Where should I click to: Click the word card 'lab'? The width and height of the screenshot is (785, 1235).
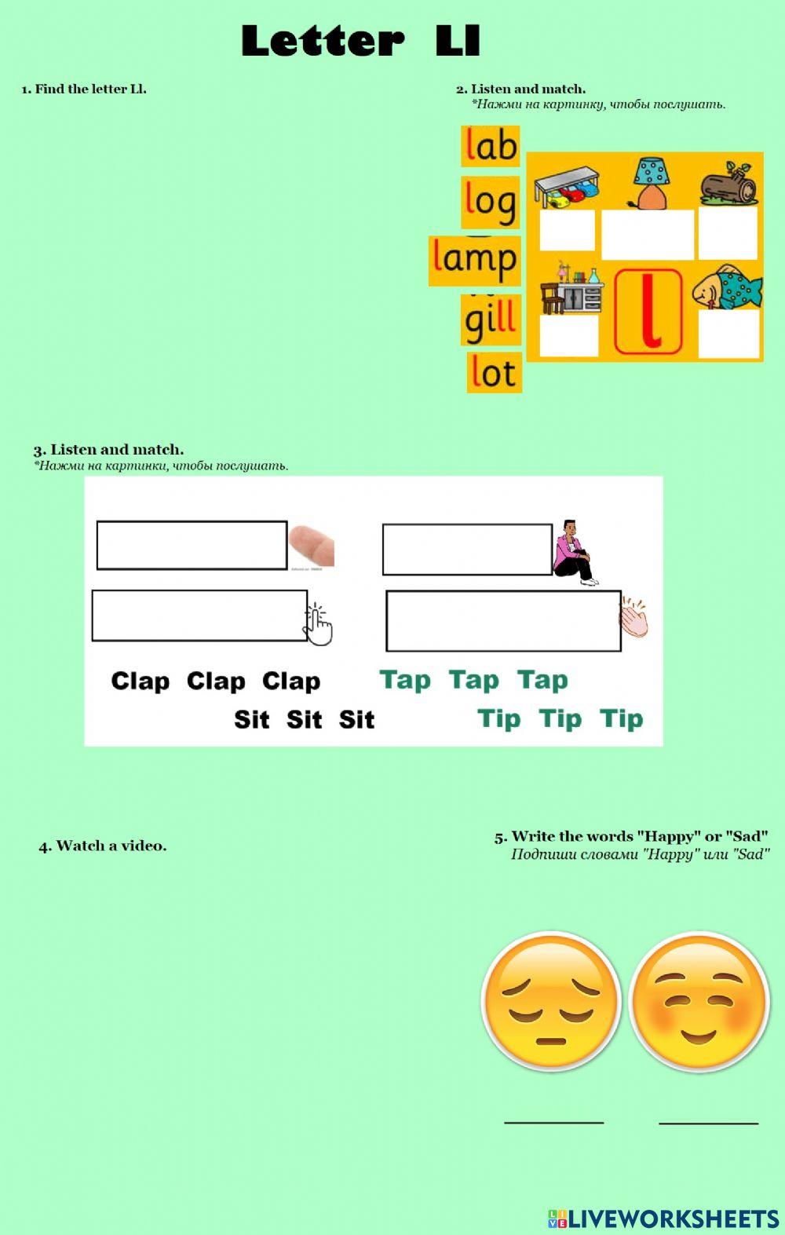[490, 146]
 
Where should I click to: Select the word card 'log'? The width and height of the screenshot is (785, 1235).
[490, 202]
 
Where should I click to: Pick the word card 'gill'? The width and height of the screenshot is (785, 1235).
[491, 320]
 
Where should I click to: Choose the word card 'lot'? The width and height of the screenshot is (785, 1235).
[494, 372]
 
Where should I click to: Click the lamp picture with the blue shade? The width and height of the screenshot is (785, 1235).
[649, 182]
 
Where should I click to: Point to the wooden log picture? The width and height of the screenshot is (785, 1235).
[728, 185]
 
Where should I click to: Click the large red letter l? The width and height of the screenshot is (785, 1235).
[648, 312]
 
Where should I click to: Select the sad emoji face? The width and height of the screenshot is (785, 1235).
[551, 1001]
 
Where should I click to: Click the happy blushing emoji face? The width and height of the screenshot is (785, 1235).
[699, 1001]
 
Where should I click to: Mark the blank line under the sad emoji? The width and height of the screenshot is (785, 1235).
[553, 1120]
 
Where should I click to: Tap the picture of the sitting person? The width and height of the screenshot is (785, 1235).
[575, 552]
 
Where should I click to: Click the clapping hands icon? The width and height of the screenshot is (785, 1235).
[634, 619]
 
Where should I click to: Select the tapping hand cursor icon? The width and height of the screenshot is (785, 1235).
[318, 625]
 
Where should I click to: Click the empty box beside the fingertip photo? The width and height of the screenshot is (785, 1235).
[192, 545]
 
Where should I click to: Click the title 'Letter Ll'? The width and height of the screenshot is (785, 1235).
[360, 41]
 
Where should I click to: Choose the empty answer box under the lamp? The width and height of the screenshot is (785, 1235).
[648, 234]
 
